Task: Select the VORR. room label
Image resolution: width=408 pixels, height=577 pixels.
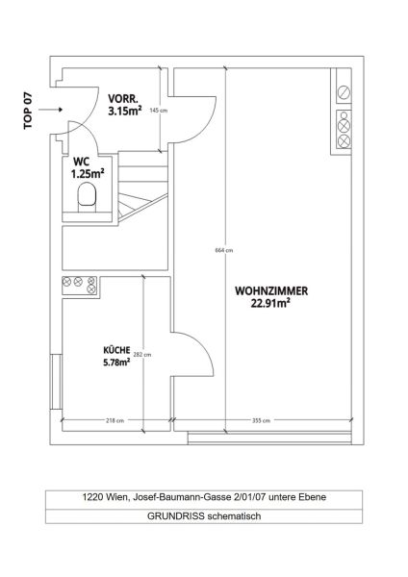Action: [x=122, y=98]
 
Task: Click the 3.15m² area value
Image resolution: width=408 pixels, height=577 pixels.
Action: [x=125, y=110]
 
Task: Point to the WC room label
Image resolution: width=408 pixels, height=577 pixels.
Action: [x=80, y=162]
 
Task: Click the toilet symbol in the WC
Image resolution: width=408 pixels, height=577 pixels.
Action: [x=88, y=200]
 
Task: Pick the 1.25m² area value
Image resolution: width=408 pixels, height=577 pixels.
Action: [x=87, y=174]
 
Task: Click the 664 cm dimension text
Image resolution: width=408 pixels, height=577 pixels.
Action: [x=223, y=251]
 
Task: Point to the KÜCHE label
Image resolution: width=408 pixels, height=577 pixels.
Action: [x=116, y=351]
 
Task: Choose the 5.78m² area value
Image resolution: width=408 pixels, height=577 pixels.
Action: [x=116, y=363]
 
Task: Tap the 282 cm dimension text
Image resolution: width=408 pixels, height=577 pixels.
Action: [x=142, y=355]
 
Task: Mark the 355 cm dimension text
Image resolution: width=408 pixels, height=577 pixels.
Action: [x=259, y=420]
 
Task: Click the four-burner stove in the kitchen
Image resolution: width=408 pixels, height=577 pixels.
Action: [x=77, y=285]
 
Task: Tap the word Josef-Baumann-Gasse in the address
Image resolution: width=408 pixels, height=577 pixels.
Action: [x=174, y=497]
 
